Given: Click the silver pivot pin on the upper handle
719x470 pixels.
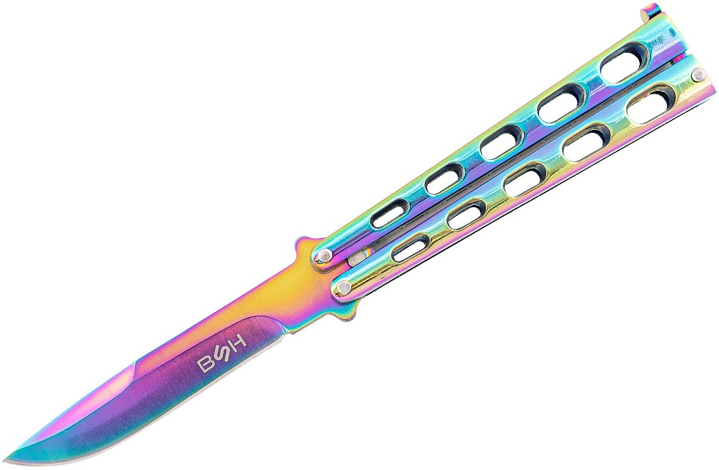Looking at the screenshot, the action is pos(324,254).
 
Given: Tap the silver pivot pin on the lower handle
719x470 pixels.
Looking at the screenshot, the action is pos(341,288).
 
